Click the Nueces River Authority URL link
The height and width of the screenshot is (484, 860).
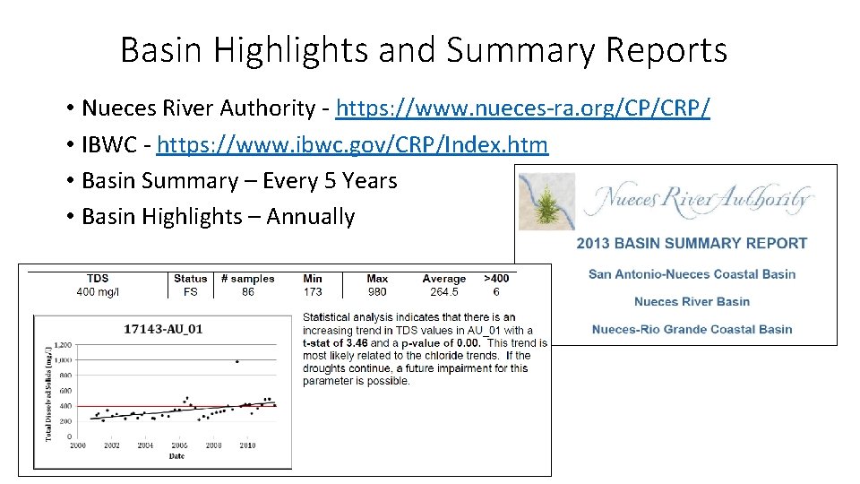coord(522,108)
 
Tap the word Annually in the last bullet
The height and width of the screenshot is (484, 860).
coord(311,216)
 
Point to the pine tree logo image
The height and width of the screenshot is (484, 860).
coord(548,203)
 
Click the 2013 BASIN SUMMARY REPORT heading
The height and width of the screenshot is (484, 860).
coord(692,243)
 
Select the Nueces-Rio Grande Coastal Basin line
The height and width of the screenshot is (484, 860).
coord(692,329)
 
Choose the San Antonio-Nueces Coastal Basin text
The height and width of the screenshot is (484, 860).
coord(692,274)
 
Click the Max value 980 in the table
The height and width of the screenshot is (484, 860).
coord(377,291)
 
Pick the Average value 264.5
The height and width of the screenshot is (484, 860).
coord(444,291)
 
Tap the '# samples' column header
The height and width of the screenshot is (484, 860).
coord(248,279)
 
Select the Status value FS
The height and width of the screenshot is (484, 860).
coord(190,291)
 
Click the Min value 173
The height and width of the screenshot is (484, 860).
coord(313,291)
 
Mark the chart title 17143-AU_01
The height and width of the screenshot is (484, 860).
coord(163,329)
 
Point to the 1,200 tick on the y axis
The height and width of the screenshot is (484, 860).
coord(62,344)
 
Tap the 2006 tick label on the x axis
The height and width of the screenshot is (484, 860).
coord(180,445)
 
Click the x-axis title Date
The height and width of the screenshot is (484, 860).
coord(176,456)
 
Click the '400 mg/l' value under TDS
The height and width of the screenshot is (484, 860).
coord(99,291)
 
